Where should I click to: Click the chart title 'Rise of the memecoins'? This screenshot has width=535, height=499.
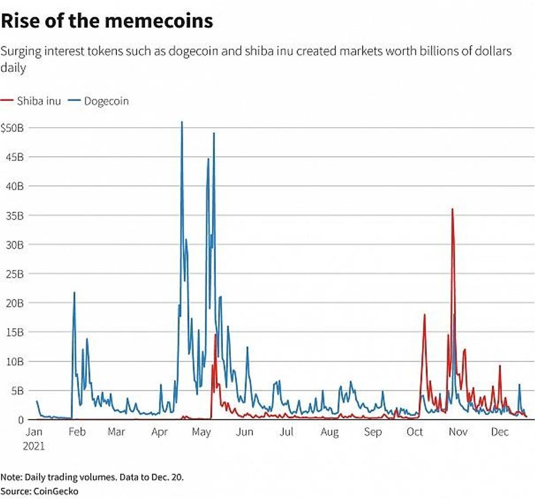point(106,22)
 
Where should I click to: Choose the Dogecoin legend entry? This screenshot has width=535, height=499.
point(100,101)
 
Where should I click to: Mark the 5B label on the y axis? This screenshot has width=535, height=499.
point(16,390)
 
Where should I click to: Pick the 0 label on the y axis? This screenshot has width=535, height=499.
point(21,420)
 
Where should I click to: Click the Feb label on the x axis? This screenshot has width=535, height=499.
point(77,432)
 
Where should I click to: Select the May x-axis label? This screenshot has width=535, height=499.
point(201,432)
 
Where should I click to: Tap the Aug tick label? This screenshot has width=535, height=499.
point(330,432)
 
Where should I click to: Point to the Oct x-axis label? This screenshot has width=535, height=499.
point(415,432)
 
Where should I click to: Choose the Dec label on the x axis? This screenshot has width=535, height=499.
point(500,432)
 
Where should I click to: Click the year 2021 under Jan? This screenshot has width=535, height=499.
point(34,446)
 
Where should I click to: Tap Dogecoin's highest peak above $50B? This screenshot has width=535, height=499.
point(182,122)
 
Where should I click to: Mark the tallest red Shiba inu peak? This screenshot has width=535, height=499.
point(452,209)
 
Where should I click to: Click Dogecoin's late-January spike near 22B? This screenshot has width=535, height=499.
point(74,293)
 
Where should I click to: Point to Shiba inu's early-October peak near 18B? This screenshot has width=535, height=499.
point(424,315)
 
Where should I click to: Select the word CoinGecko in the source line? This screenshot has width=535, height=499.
point(55,491)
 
